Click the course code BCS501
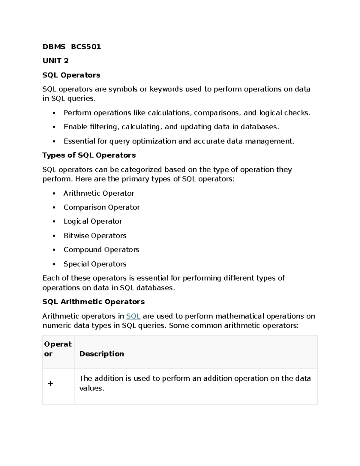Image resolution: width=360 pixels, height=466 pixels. click(86, 47)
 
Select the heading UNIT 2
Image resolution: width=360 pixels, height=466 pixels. click(55, 61)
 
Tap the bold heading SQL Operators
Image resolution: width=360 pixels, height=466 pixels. click(71, 75)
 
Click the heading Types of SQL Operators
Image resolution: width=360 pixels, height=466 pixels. click(89, 155)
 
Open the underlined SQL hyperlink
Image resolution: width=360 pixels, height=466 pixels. click(133, 316)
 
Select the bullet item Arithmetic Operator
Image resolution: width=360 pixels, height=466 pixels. click(99, 193)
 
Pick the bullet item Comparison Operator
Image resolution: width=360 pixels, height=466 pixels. click(101, 207)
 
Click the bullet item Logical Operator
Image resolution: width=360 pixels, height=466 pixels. click(92, 221)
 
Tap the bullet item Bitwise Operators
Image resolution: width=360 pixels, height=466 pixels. click(95, 236)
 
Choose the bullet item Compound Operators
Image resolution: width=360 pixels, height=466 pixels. click(101, 250)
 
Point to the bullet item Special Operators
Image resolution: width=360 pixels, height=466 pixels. click(95, 264)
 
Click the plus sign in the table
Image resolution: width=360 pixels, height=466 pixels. click(50, 383)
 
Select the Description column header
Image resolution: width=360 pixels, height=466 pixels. click(101, 354)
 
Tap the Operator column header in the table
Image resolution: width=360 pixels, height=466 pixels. click(58, 349)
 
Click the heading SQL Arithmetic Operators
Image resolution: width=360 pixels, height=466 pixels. click(93, 302)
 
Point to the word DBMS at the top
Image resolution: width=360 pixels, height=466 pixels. click(54, 47)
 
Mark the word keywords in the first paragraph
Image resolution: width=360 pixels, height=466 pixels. click(166, 89)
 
